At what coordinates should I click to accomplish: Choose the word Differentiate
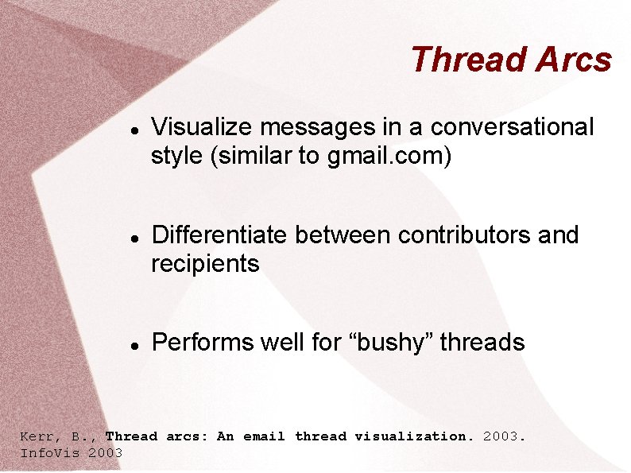tap(220, 235)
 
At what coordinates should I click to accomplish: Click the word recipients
tap(205, 264)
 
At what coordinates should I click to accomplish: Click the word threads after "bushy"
tap(482, 343)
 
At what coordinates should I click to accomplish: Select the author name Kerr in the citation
tap(37, 436)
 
